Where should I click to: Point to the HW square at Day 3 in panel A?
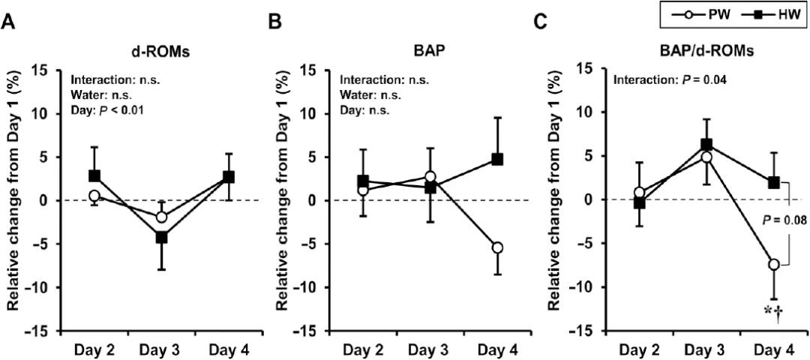point(160,238)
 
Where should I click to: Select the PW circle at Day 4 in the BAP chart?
point(497,247)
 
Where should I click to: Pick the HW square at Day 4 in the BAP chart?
point(497,159)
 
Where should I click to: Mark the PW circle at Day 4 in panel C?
point(773,264)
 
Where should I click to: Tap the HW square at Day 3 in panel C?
point(706,145)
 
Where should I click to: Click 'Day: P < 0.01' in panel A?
point(106,111)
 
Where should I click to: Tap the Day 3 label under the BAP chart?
point(430,350)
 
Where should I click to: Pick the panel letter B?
point(275,22)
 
